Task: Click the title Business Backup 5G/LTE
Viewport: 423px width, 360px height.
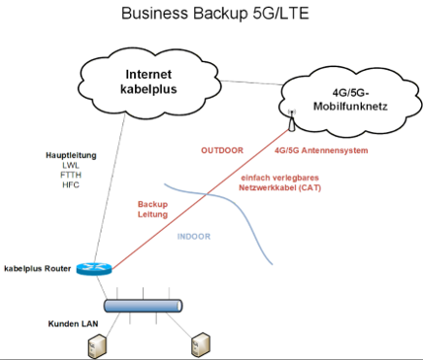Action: coord(215,14)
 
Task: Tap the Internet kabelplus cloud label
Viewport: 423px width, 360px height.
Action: coord(149,82)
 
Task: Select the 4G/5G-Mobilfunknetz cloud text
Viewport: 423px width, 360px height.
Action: coord(350,100)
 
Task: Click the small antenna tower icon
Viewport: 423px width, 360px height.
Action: coord(291,120)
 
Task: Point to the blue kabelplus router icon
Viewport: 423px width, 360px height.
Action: coord(95,268)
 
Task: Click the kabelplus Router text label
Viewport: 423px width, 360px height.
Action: coord(37,268)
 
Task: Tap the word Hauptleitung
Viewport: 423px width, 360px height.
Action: coord(71,155)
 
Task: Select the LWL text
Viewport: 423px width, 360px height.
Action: coord(71,165)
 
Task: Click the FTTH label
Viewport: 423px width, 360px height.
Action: coord(71,175)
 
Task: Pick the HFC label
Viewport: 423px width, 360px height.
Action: coord(71,184)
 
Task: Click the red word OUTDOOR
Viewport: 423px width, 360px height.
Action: coord(222,150)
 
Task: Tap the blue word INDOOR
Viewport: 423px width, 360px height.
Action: coord(194,237)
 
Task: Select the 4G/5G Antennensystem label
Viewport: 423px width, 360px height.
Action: coord(321,150)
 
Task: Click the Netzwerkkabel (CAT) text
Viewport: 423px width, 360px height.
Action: coord(280,187)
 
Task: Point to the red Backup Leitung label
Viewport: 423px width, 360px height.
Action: coord(153,209)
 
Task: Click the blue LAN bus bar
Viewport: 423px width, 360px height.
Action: coord(143,306)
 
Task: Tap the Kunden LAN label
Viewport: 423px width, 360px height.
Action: coord(73,324)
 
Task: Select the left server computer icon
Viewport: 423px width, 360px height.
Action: coord(98,346)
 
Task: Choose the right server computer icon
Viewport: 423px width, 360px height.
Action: coord(200,344)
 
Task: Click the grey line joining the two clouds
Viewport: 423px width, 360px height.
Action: coord(251,83)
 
